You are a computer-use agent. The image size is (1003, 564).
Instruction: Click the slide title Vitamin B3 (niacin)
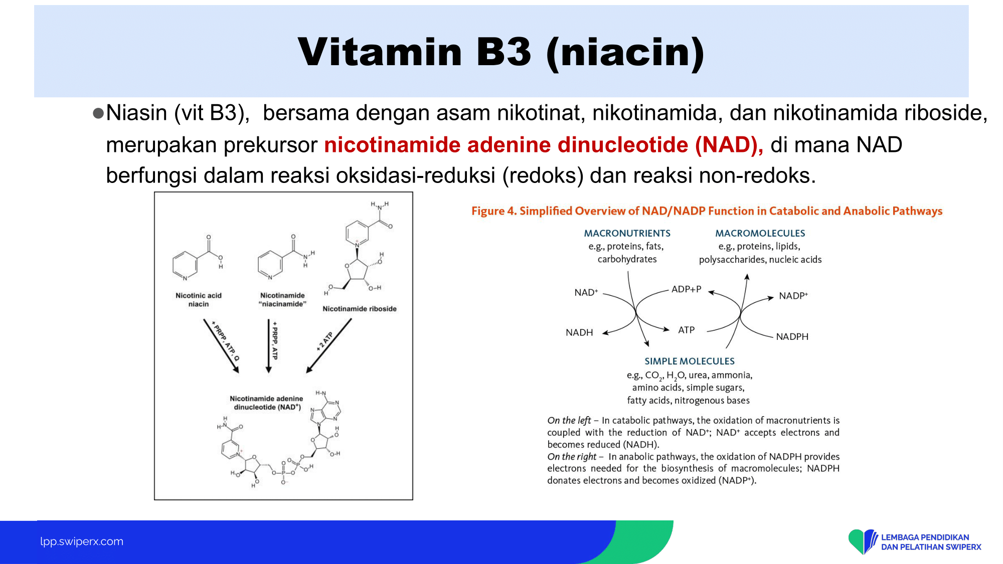pyautogui.click(x=501, y=53)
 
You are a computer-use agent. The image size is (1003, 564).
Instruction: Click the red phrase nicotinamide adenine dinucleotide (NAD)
pyautogui.click(x=544, y=145)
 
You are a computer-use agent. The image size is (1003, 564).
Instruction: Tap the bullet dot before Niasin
pyautogui.click(x=98, y=113)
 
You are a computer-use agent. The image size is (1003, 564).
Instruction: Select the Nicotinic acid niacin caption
pyautogui.click(x=199, y=300)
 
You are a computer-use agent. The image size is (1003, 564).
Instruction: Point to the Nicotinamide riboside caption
pyautogui.click(x=360, y=309)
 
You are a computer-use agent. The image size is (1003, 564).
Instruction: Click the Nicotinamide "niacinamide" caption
pyautogui.click(x=282, y=300)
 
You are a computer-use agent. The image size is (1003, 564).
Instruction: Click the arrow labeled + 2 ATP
pyautogui.click(x=329, y=346)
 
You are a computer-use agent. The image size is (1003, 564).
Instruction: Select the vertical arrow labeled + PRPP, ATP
pyautogui.click(x=269, y=346)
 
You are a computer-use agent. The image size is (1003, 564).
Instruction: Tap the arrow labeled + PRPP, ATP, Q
pyautogui.click(x=221, y=346)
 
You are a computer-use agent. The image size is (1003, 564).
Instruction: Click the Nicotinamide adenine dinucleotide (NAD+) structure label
pyautogui.click(x=266, y=403)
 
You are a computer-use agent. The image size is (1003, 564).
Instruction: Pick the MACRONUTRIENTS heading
pyautogui.click(x=627, y=233)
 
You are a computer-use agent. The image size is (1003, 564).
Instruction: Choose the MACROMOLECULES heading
pyautogui.click(x=760, y=233)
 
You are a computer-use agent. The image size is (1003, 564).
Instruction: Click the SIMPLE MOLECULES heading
pyautogui.click(x=690, y=361)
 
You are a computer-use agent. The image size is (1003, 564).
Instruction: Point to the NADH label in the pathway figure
pyautogui.click(x=579, y=332)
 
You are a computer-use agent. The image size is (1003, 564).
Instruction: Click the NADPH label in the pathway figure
pyautogui.click(x=792, y=336)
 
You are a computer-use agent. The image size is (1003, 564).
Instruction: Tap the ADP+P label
pyautogui.click(x=687, y=289)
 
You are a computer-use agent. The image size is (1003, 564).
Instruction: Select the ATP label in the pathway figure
pyautogui.click(x=687, y=330)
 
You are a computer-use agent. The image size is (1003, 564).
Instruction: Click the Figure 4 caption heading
pyautogui.click(x=707, y=211)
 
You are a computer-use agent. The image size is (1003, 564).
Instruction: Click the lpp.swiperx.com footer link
pyautogui.click(x=82, y=541)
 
